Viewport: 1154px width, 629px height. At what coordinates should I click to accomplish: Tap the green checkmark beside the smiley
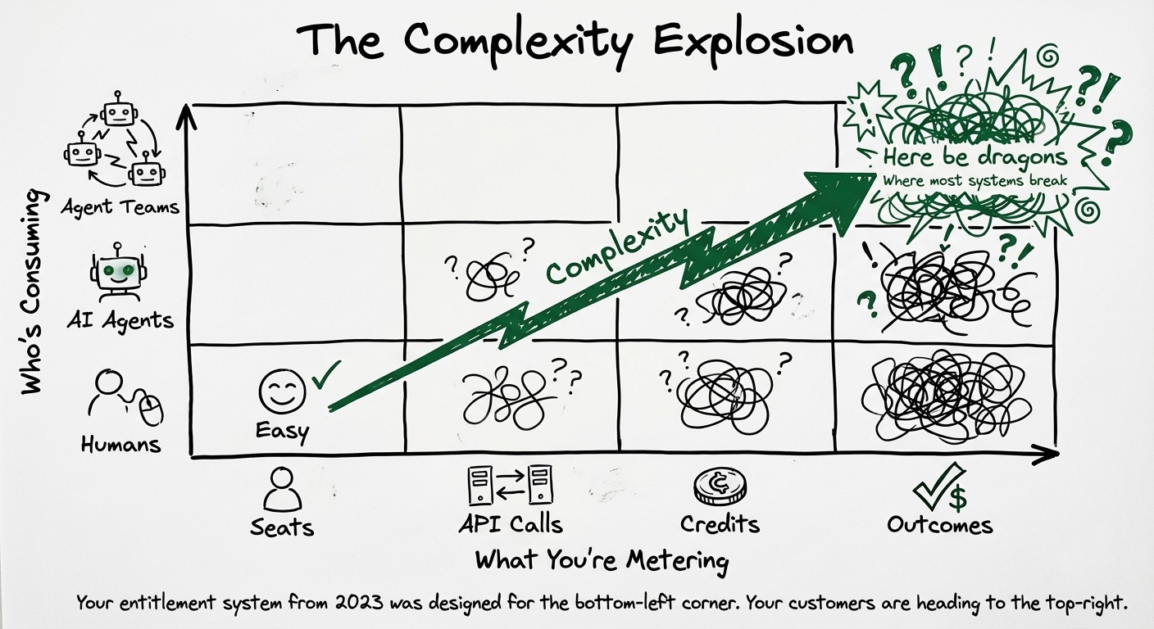325,376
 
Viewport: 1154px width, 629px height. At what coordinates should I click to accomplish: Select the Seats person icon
282,489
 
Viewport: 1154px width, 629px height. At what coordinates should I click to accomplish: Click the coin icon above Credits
720,488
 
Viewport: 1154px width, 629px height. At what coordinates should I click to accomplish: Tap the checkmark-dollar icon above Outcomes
939,486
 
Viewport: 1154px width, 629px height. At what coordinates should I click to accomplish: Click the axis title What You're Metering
602,561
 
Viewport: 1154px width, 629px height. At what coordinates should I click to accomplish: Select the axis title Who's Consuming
31,292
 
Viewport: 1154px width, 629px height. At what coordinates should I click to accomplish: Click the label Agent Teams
120,206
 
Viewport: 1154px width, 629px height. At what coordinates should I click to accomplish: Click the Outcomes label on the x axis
939,524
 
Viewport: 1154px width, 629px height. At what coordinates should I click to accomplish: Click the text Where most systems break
975,180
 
